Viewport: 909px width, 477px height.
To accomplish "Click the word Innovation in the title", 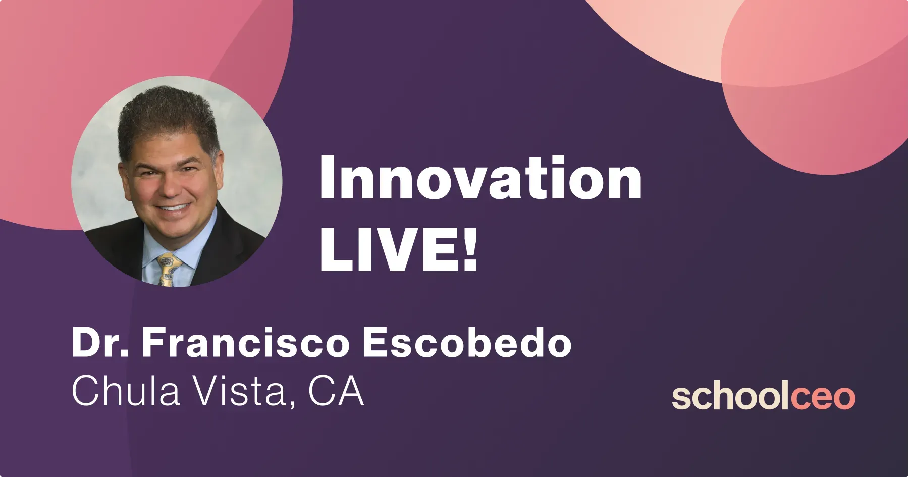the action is click(480, 177).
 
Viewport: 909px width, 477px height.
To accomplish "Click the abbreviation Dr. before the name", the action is click(100, 343).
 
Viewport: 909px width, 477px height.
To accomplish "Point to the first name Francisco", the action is click(246, 343).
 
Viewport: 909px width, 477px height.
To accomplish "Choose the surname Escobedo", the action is click(467, 343).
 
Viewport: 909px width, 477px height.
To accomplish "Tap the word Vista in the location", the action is click(245, 392).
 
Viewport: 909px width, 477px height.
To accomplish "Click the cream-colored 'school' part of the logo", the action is click(731, 397).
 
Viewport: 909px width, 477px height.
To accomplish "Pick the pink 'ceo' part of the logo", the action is click(823, 398).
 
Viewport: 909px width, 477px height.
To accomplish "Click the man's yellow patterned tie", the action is click(168, 270).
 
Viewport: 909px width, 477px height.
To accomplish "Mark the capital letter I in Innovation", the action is click(328, 178).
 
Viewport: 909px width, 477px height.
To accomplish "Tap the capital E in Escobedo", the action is click(376, 343).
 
